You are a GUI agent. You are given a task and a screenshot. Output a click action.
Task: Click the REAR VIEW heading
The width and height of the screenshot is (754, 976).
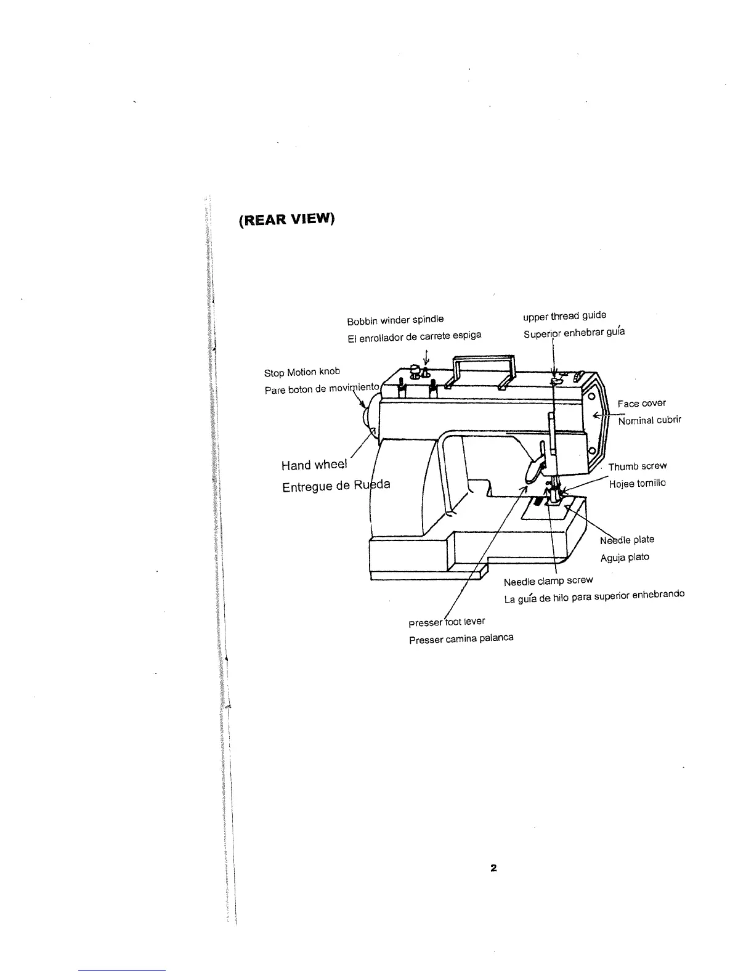pyautogui.click(x=286, y=219)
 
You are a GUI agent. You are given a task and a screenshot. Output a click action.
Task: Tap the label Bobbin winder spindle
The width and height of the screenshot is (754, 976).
pyautogui.click(x=395, y=320)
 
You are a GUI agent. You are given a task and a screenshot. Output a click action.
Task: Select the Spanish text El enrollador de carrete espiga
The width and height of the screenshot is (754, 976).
pyautogui.click(x=414, y=336)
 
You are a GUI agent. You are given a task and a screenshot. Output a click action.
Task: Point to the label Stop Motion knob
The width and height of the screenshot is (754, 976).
pyautogui.click(x=302, y=372)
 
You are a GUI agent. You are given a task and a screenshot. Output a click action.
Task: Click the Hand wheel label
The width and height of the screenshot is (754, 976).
pyautogui.click(x=314, y=465)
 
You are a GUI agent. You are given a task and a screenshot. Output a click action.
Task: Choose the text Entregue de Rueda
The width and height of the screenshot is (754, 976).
pyautogui.click(x=336, y=486)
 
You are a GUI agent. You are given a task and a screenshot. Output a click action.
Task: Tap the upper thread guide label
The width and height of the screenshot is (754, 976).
pyautogui.click(x=564, y=315)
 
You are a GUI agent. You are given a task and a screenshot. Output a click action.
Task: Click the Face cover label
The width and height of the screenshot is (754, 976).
pyautogui.click(x=641, y=404)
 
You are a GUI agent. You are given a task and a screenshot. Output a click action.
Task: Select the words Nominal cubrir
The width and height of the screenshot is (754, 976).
pyautogui.click(x=649, y=420)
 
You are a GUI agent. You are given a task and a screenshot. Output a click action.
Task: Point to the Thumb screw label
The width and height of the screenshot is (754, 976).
pyautogui.click(x=637, y=466)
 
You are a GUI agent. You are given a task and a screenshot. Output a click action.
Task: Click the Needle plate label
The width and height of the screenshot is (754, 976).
pyautogui.click(x=627, y=540)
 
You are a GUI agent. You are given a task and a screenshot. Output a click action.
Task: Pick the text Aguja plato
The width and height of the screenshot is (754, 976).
pyautogui.click(x=625, y=558)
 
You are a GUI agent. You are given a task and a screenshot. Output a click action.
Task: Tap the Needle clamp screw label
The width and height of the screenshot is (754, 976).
pyautogui.click(x=548, y=581)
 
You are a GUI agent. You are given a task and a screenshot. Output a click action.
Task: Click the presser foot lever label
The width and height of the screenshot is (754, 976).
pyautogui.click(x=447, y=622)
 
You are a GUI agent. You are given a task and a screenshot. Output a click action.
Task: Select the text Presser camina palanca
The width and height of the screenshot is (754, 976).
pyautogui.click(x=461, y=638)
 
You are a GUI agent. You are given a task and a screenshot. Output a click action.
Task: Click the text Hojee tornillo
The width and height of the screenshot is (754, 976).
pyautogui.click(x=637, y=484)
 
